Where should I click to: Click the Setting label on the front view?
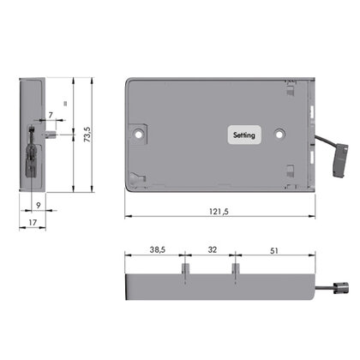pos(243,135)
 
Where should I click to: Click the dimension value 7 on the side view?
pos(51,114)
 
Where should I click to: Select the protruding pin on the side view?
pos(54,134)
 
